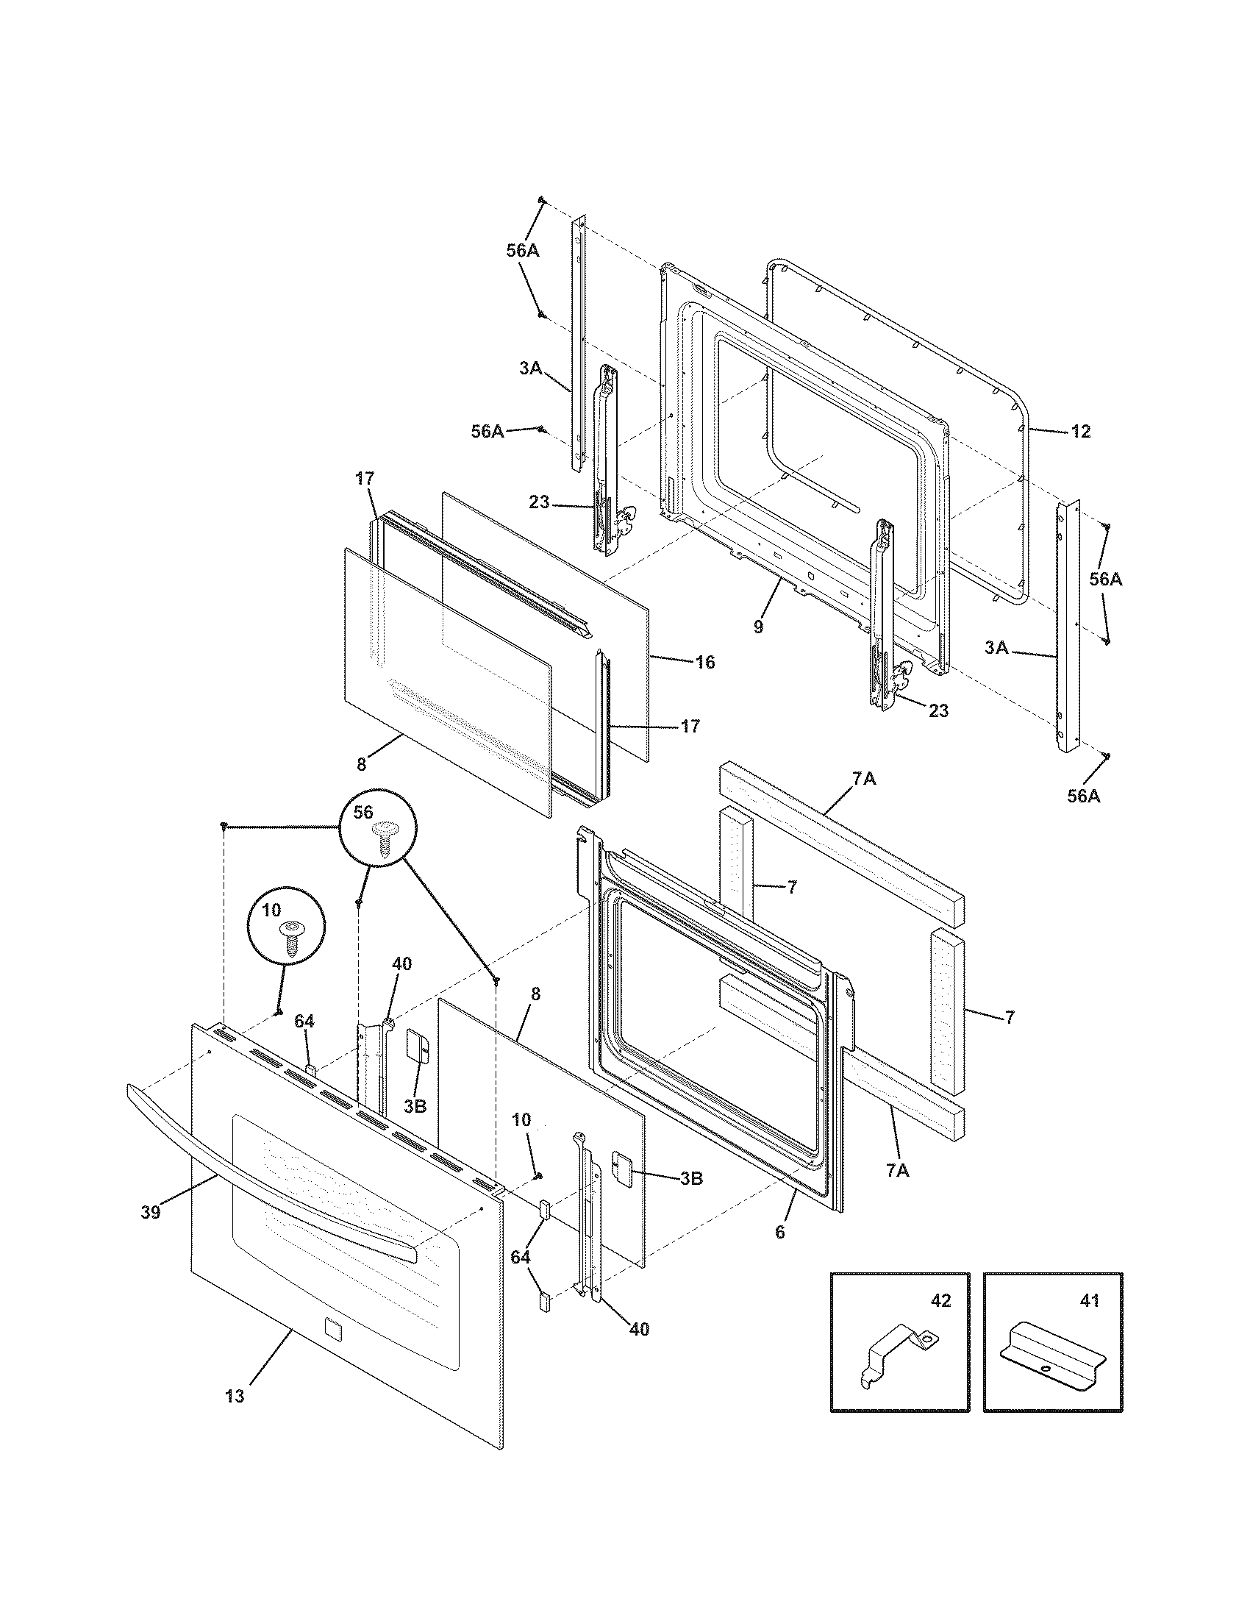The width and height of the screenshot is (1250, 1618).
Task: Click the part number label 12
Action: [x=1080, y=431]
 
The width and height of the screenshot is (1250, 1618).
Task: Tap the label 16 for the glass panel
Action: [x=705, y=662]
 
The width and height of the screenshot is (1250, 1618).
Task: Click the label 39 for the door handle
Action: [x=150, y=1212]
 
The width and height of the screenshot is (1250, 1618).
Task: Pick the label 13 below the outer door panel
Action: [x=234, y=1396]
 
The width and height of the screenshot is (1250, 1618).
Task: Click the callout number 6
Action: [x=779, y=1233]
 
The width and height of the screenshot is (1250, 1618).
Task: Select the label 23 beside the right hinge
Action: [x=938, y=710]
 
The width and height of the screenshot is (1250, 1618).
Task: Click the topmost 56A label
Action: [x=523, y=251]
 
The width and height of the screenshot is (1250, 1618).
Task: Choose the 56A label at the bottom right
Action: [x=1083, y=796]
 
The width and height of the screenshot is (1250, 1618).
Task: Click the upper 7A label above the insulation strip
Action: [x=863, y=780]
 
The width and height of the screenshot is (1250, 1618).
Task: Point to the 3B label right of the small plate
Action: [x=690, y=1178]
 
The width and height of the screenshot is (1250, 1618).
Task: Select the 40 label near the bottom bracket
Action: [x=638, y=1329]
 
